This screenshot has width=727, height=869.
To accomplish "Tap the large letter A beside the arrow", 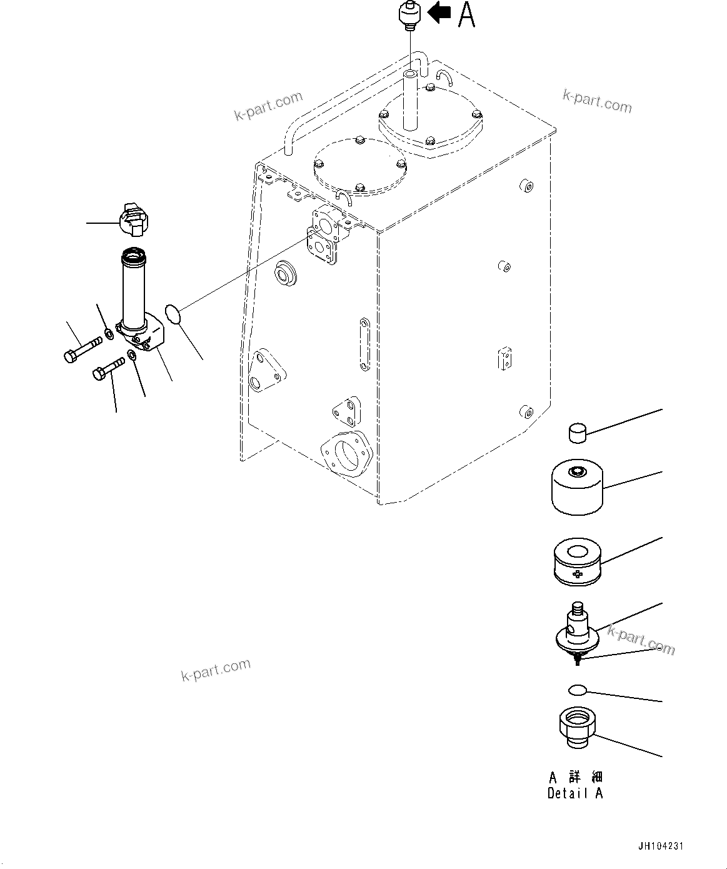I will click(466, 15).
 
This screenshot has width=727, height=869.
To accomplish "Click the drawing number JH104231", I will click(661, 846).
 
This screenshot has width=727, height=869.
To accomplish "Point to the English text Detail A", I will click(575, 793).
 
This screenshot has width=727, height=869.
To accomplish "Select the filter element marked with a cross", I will click(578, 563).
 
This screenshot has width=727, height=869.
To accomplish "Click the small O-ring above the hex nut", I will click(578, 690).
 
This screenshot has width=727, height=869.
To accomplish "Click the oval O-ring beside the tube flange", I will click(174, 314).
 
